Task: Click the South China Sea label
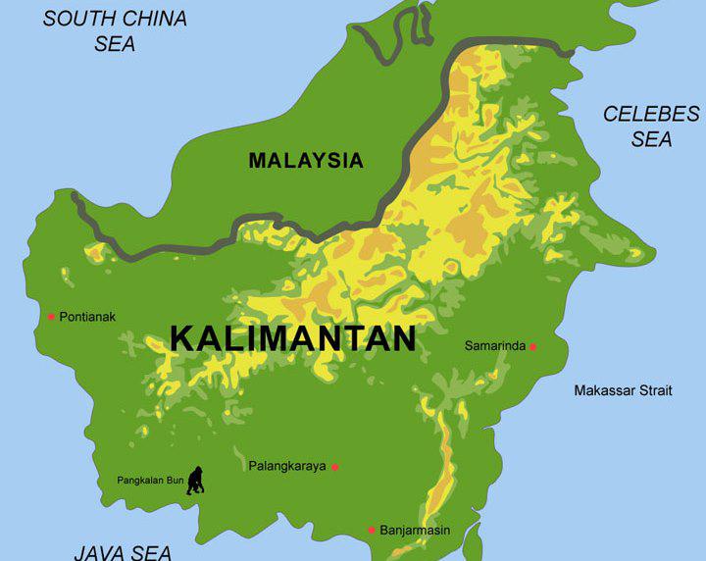[x=115, y=30]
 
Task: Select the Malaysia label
[x=306, y=161]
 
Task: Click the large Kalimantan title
[x=293, y=338]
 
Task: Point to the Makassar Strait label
[x=623, y=390]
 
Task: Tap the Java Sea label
[x=123, y=552]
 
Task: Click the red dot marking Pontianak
[x=51, y=316]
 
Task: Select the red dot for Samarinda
[x=533, y=346]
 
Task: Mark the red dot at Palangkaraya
[x=334, y=467]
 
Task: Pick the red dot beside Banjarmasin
[x=372, y=530]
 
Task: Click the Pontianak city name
[x=87, y=316]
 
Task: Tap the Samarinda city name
[x=495, y=346]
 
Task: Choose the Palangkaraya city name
[x=287, y=466]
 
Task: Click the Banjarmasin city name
[x=415, y=530]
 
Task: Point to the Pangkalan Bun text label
[x=150, y=481]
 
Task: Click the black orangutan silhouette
[x=196, y=481]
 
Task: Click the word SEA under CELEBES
[x=651, y=139]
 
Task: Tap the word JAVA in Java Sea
[x=99, y=552]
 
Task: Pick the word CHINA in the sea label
[x=155, y=19]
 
